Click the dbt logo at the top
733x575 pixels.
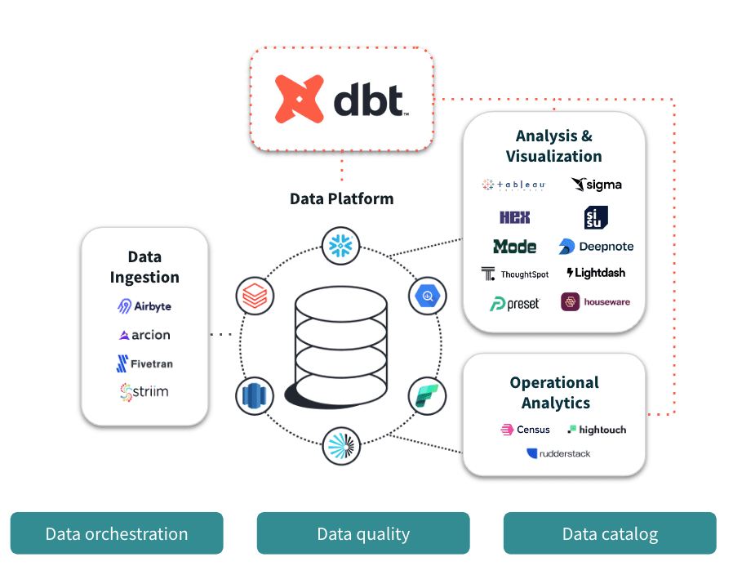(x=341, y=99)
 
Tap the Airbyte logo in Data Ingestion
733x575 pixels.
(x=144, y=306)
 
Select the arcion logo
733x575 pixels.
(x=144, y=335)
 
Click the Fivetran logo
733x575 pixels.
(x=144, y=363)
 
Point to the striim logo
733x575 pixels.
(x=144, y=392)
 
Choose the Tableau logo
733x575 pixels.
(x=513, y=185)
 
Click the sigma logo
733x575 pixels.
(x=597, y=185)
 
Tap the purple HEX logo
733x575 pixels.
(x=515, y=217)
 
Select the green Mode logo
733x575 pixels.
(x=515, y=246)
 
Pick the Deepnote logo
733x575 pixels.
(x=596, y=246)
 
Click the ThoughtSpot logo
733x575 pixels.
(x=515, y=274)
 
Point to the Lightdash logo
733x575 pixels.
(x=596, y=273)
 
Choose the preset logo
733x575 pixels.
(x=515, y=303)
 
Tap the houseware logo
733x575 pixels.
(x=596, y=302)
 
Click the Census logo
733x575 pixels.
(x=525, y=430)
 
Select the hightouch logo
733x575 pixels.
(x=597, y=430)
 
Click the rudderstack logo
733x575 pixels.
(x=558, y=453)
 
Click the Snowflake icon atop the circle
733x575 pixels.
(x=341, y=245)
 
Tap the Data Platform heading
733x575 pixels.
(x=341, y=198)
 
